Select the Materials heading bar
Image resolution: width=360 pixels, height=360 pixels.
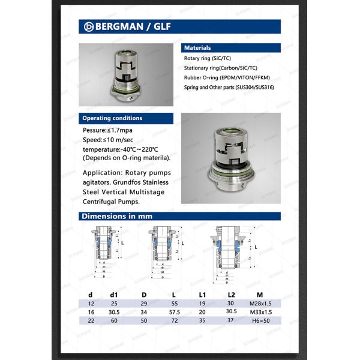point(230,47)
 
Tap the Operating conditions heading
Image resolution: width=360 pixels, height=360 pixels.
point(125,118)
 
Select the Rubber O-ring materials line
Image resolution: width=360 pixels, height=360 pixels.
point(226,78)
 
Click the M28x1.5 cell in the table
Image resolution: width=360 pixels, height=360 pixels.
point(259,304)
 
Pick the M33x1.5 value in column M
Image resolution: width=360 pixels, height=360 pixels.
point(259,313)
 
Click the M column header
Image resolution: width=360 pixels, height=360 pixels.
point(259,295)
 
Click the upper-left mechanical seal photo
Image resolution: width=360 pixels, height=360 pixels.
point(126,74)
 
